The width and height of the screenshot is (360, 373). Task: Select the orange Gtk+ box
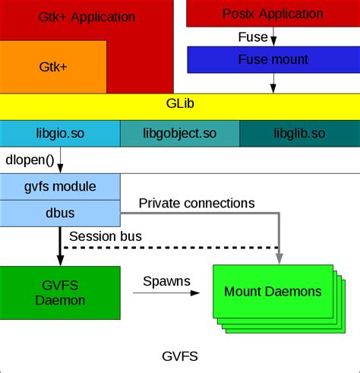click(53, 67)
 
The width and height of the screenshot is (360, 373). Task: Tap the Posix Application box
click(271, 14)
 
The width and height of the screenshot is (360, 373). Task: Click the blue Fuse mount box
click(271, 59)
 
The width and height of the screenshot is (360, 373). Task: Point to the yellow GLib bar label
click(180, 106)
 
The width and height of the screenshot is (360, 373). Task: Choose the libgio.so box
click(59, 133)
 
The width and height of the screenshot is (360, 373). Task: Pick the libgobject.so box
click(180, 133)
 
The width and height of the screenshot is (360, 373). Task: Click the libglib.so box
click(299, 133)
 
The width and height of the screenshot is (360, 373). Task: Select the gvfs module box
click(59, 186)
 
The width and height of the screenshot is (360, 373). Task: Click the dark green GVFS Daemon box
click(59, 292)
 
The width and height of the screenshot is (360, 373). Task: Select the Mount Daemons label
click(273, 291)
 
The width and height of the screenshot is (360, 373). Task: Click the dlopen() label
click(29, 160)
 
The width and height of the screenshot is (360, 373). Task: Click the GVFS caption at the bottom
click(180, 355)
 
